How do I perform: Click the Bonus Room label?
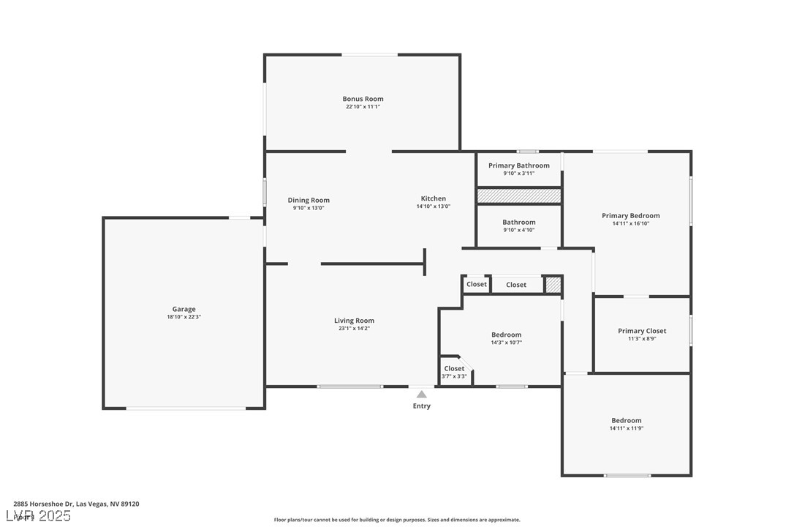click(x=363, y=99)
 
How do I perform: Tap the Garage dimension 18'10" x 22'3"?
click(x=184, y=317)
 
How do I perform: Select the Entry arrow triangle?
click(x=421, y=395)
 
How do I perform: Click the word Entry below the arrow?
click(x=422, y=406)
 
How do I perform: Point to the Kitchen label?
click(x=433, y=198)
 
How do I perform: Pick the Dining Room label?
click(x=309, y=200)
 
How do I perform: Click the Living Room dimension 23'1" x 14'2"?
click(x=354, y=329)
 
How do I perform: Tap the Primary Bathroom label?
click(x=518, y=165)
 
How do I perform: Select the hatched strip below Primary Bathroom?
click(x=518, y=195)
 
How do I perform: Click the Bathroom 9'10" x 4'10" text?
click(x=519, y=230)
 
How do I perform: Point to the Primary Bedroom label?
click(x=630, y=215)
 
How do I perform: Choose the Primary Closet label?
click(x=642, y=331)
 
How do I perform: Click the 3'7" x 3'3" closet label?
click(x=454, y=376)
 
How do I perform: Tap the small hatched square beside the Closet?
click(x=553, y=284)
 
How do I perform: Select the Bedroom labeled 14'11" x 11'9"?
click(x=627, y=424)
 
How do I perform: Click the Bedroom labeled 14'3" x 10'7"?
click(x=506, y=338)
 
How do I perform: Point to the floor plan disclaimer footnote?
click(x=397, y=520)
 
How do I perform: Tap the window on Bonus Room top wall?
click(x=370, y=54)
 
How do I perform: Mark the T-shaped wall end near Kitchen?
click(x=425, y=262)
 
